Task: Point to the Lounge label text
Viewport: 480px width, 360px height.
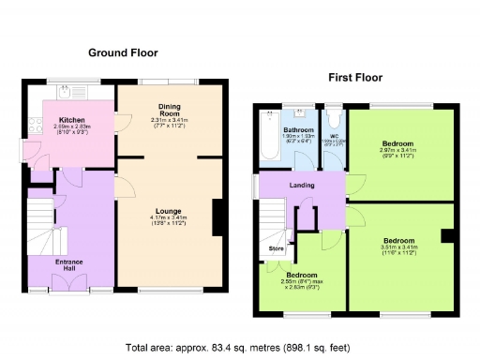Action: tap(169, 211)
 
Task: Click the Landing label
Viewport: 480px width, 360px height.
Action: tap(301, 185)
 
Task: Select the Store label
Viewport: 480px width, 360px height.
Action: tap(276, 248)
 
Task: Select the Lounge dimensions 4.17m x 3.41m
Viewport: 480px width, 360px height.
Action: tap(169, 221)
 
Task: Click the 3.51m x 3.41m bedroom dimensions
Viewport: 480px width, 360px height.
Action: tap(398, 249)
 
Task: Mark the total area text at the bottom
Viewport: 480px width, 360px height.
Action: tap(239, 347)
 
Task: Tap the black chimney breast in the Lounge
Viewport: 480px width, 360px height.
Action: tap(219, 220)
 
